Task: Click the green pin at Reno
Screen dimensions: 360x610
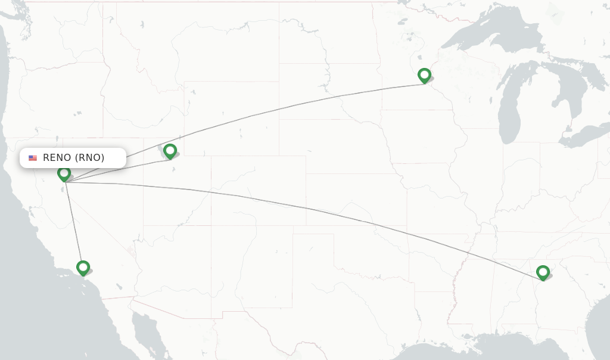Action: tap(64, 173)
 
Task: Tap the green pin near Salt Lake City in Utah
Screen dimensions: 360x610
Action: tap(170, 151)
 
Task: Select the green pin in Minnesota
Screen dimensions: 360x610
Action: tap(424, 76)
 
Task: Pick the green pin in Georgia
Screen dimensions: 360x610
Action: tap(543, 272)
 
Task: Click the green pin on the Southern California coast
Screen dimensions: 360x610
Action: tap(83, 268)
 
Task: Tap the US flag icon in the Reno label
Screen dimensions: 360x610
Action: tap(33, 158)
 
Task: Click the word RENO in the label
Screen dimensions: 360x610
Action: tap(58, 158)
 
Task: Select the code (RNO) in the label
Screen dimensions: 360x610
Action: tap(90, 158)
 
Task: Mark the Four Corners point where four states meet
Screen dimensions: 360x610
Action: tap(211, 225)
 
